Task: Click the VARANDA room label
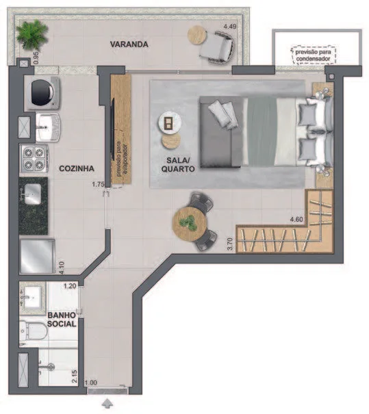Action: point(129,44)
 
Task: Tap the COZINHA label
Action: point(77,168)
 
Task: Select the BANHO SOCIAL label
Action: point(62,319)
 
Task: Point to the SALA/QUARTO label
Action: point(178,164)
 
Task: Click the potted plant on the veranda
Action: point(31,35)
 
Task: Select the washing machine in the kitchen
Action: point(42,94)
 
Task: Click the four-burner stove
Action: point(34,159)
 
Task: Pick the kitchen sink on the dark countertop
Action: point(32,194)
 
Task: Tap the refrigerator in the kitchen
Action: point(37,257)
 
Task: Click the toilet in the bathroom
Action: point(33,330)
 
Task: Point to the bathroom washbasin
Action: point(32,298)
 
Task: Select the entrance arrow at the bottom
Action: point(107,404)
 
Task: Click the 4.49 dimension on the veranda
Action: point(230,27)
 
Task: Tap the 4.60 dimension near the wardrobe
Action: point(296,219)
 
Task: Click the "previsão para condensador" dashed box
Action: point(314,55)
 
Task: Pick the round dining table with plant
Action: point(190,224)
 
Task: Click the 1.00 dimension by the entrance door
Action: point(91,383)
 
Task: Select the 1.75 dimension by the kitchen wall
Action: point(98,184)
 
